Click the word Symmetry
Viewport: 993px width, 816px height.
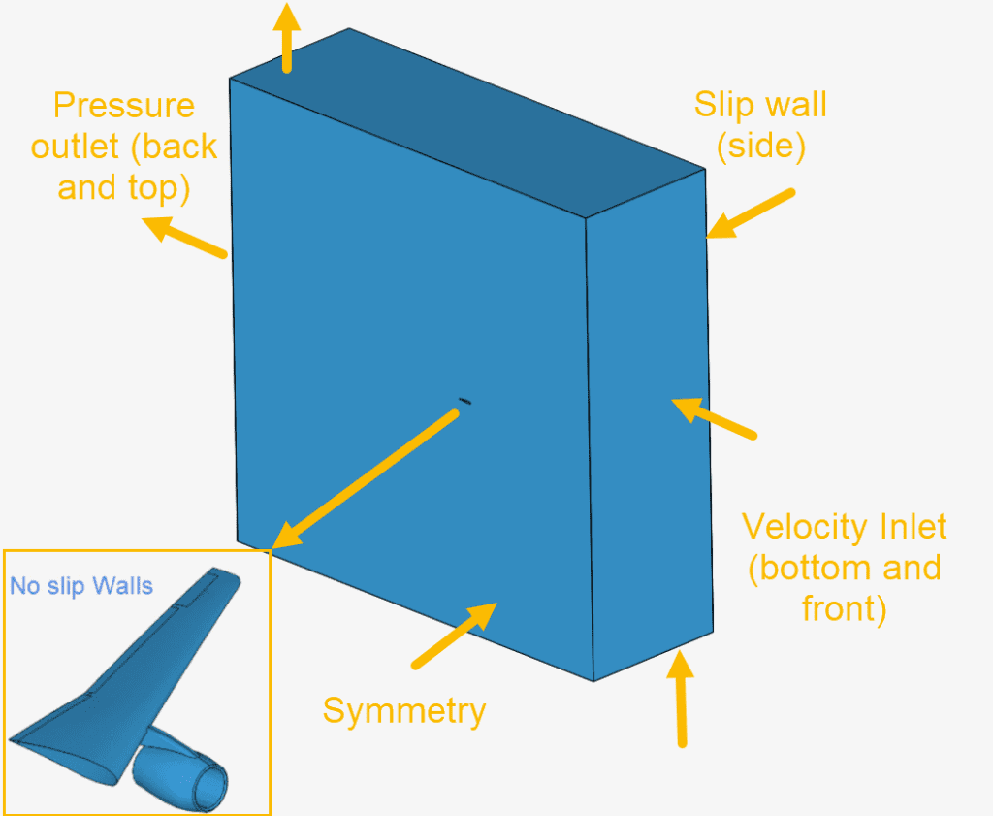[x=403, y=711]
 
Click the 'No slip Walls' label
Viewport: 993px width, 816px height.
[x=81, y=586]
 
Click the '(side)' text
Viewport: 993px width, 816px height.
[x=760, y=147]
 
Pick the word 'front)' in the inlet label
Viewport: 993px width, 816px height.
[x=844, y=608]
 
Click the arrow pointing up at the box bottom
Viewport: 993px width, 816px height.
[x=681, y=698]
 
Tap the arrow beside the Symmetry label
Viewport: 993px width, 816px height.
[x=454, y=636]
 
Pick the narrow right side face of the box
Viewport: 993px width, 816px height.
[x=650, y=427]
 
